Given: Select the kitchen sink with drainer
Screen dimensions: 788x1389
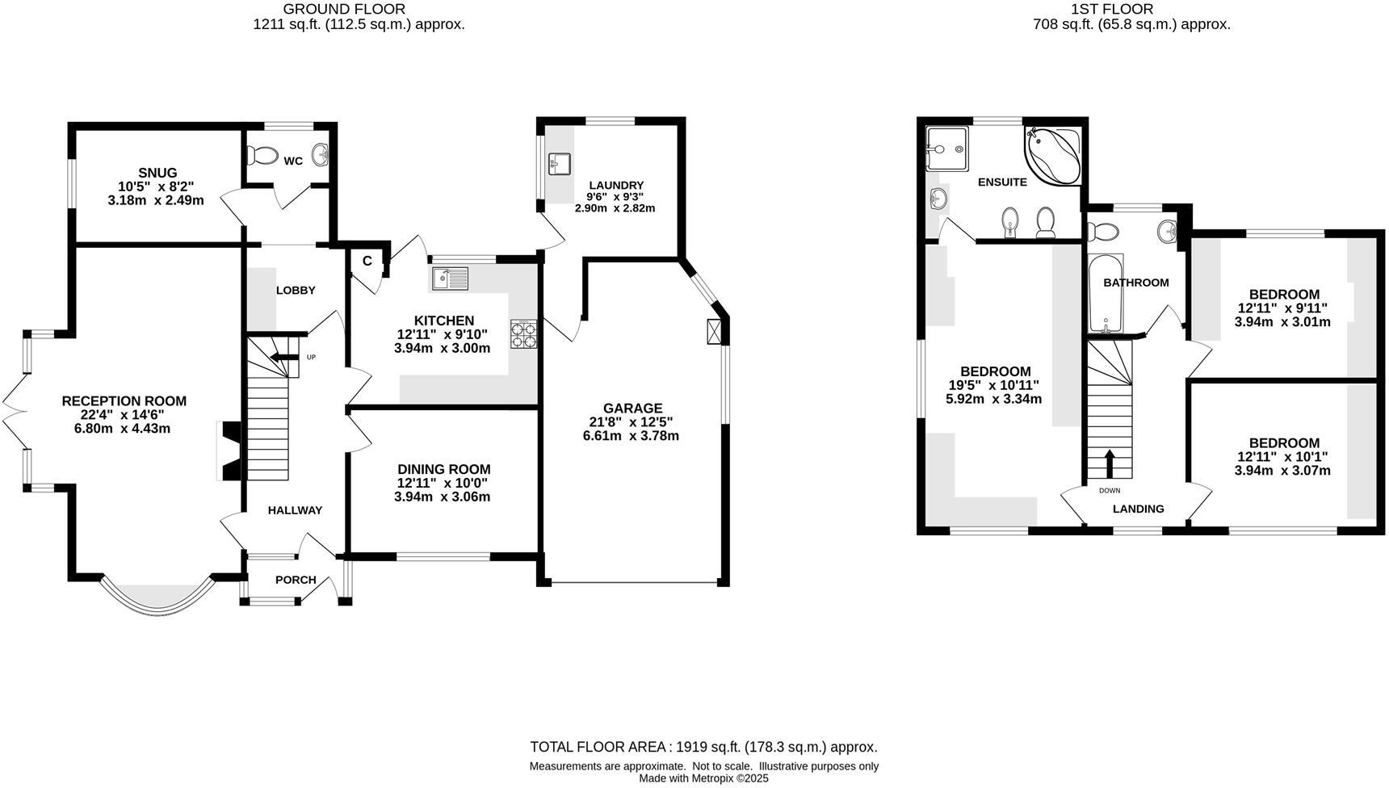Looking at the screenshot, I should [450, 279].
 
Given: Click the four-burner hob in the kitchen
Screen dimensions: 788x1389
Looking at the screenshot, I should [523, 334].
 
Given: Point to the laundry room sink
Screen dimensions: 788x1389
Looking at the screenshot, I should [559, 164].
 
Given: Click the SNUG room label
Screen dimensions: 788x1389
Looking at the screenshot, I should [157, 173].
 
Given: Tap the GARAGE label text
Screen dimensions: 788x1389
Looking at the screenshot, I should [632, 409].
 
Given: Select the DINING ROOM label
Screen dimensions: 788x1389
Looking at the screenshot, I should [443, 470].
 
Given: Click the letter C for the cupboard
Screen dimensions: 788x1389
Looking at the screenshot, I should [367, 262].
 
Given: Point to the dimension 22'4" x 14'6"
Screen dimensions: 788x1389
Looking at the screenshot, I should [124, 415].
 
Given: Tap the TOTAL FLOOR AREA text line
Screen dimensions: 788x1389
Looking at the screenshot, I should [703, 747].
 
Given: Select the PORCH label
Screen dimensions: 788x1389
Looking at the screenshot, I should [296, 580].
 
